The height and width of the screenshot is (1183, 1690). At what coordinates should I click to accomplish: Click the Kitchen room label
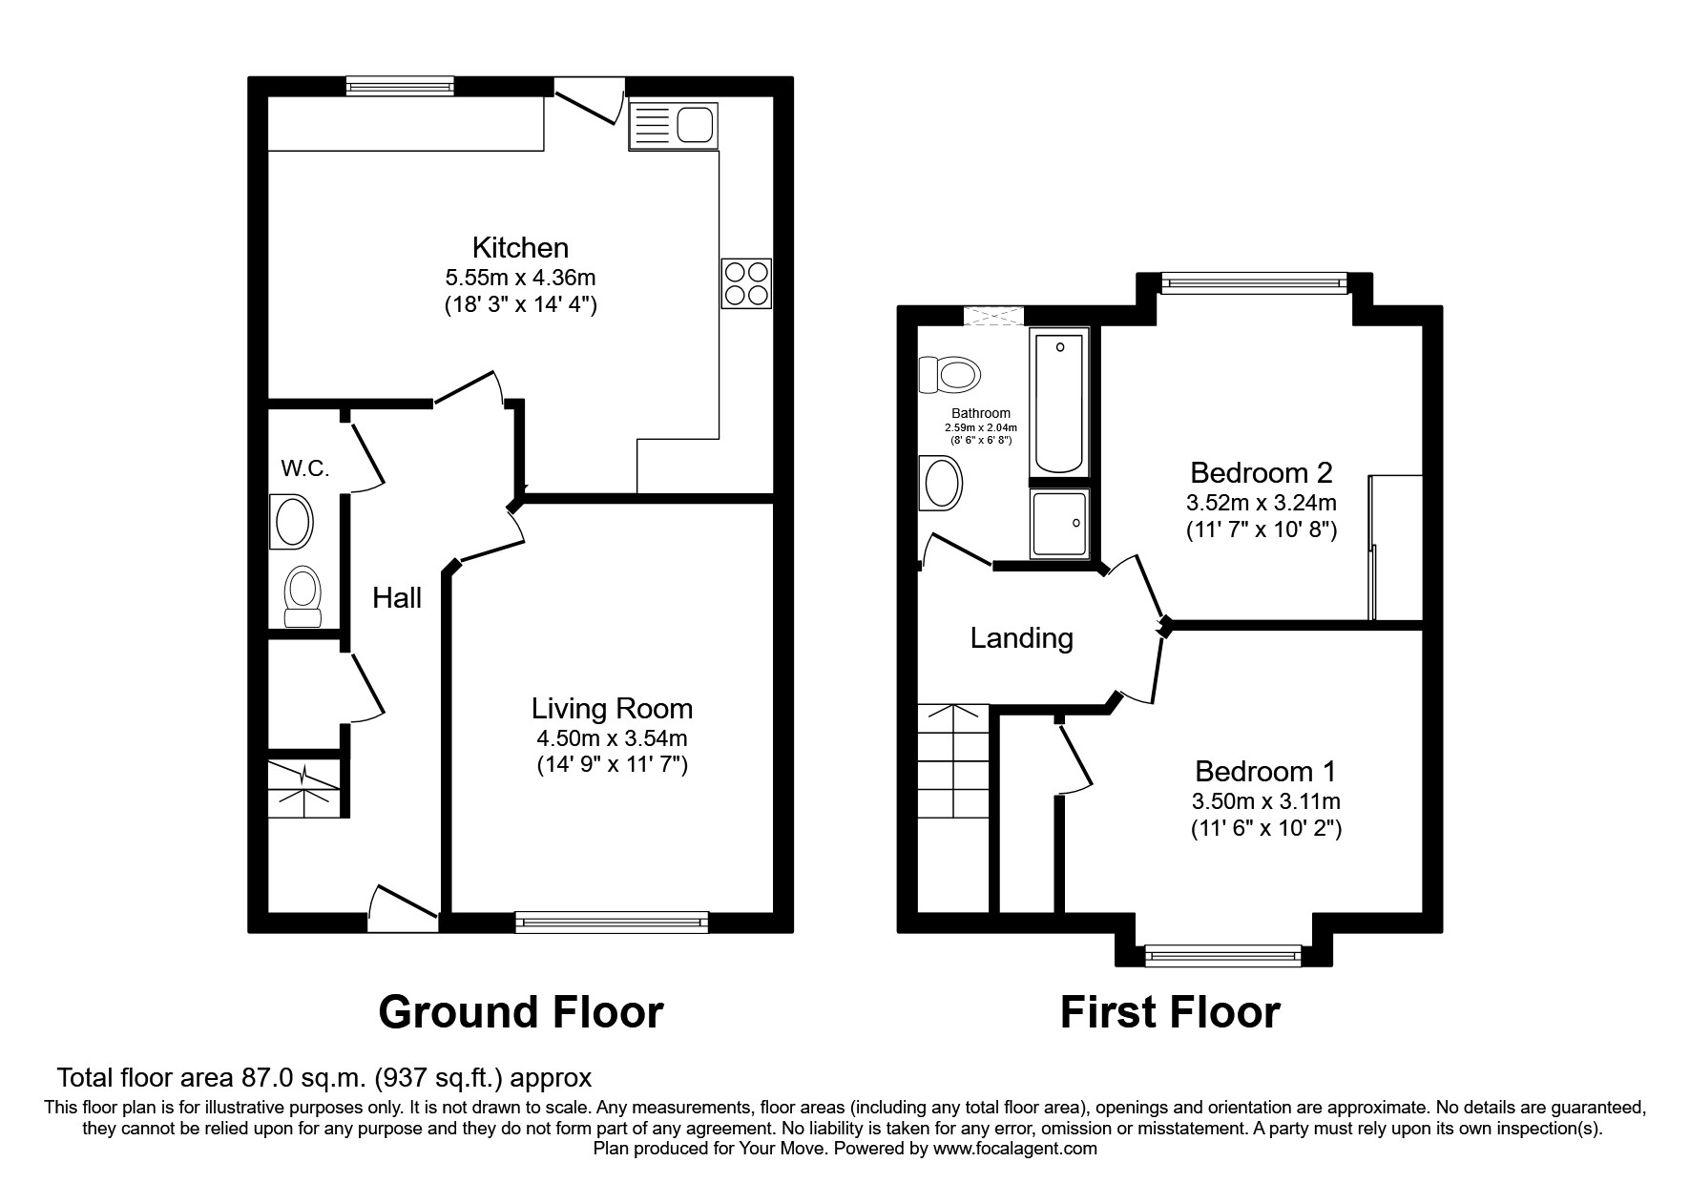pos(520,248)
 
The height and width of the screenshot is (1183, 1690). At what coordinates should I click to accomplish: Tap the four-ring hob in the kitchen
pos(746,283)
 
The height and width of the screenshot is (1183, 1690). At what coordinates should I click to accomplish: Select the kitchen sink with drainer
pos(673,126)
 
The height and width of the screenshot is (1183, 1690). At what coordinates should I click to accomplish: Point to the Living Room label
pos(612,709)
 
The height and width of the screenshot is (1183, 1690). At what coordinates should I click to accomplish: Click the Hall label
pos(397,598)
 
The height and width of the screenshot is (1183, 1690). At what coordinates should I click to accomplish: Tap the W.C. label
pos(305,468)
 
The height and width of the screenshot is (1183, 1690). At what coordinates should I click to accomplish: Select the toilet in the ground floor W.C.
pos(303,597)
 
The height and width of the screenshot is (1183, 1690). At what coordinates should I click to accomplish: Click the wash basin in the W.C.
pos(291,521)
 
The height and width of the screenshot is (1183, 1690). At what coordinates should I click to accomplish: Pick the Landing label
pos(1021,638)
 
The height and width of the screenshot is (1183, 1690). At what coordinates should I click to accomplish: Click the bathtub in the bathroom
pos(1059,402)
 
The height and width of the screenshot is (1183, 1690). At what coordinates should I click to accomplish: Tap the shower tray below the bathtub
pos(1059,524)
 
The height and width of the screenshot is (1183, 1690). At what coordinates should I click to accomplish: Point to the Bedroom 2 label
pos(1261,473)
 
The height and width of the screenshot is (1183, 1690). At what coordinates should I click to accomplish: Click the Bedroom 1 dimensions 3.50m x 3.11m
pos(1266,801)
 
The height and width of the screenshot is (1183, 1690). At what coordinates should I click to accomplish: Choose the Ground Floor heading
pos(520,1012)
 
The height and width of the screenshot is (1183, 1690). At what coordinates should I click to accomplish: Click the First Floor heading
pos(1170,1012)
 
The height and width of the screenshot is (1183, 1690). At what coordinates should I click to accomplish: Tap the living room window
pos(612,922)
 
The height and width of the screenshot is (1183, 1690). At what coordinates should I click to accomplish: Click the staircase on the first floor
pos(953,761)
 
